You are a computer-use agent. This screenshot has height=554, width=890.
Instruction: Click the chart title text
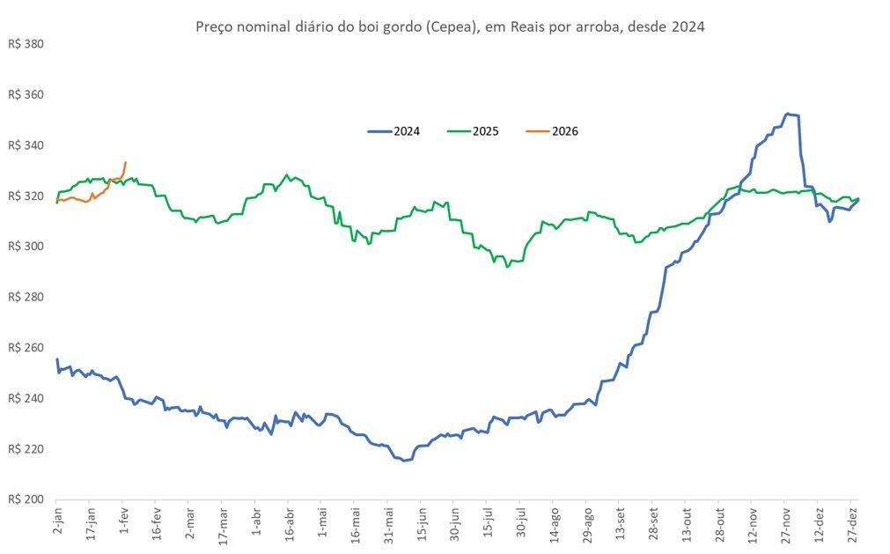pyautogui.click(x=450, y=26)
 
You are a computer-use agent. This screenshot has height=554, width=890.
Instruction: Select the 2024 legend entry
pyautogui.click(x=394, y=131)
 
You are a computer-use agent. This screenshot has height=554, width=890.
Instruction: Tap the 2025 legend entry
pyautogui.click(x=473, y=131)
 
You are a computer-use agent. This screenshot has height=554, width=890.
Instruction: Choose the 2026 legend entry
pyautogui.click(x=552, y=131)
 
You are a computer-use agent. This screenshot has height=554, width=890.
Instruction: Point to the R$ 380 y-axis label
pyautogui.click(x=26, y=44)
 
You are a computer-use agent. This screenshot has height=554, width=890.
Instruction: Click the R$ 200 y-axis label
pyautogui.click(x=26, y=499)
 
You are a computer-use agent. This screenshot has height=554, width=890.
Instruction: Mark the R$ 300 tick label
pyautogui.click(x=26, y=246)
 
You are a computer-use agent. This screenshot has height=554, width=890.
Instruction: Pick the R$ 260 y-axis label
pyautogui.click(x=26, y=347)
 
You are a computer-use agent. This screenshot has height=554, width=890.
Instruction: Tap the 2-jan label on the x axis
pyautogui.click(x=58, y=521)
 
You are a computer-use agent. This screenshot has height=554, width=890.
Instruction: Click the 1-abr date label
pyautogui.click(x=257, y=521)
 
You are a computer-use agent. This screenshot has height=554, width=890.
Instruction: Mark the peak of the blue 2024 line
pyautogui.click(x=787, y=114)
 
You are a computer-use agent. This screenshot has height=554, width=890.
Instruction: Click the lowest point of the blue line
pyautogui.click(x=404, y=461)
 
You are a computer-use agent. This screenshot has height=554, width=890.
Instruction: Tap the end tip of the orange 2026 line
pyautogui.click(x=125, y=162)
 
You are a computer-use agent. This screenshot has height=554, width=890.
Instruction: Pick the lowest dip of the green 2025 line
pyautogui.click(x=507, y=267)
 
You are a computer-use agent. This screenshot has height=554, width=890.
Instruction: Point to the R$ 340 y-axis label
pyautogui.click(x=26, y=144)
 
